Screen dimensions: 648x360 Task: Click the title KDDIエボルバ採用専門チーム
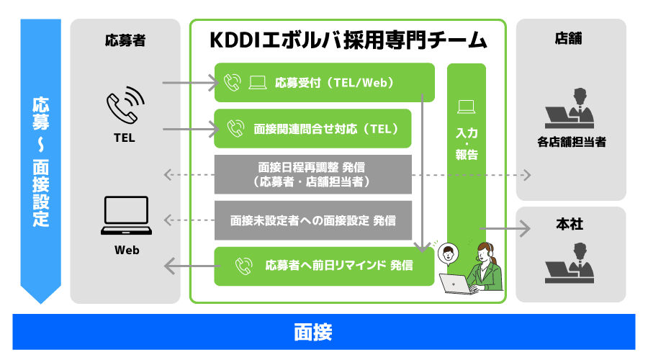[348, 40]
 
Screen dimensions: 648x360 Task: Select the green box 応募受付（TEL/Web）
[325, 83]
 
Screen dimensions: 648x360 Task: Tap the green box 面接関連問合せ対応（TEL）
[313, 129]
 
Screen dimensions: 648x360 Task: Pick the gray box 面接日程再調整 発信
[313, 174]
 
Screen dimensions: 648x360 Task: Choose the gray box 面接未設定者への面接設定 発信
[313, 220]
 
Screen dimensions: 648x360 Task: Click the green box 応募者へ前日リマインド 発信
[325, 266]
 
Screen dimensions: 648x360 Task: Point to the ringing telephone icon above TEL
[125, 105]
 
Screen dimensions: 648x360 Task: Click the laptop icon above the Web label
[126, 215]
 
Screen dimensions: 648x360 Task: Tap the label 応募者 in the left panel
[125, 40]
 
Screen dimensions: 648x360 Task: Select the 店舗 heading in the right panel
[569, 38]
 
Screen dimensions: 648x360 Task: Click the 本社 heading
[570, 224]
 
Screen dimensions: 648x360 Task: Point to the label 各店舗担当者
[572, 142]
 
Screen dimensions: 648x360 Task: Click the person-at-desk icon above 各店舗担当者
[570, 108]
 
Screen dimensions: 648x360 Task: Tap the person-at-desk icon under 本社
[570, 263]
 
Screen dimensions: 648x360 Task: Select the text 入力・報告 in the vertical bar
[467, 143]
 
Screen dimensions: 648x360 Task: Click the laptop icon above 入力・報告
[466, 107]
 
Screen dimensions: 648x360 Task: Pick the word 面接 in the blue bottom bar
[313, 332]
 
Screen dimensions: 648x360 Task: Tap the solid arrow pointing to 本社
[505, 228]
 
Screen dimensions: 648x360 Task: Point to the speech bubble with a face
[448, 254]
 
